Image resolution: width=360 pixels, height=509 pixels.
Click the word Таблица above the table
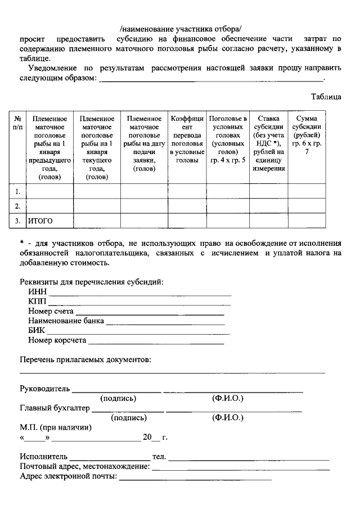coord(326,97)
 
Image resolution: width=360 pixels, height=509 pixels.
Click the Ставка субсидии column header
coord(268,143)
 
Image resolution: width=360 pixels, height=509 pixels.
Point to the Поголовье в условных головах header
coord(228,139)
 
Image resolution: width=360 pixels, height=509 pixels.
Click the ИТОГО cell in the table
coord(40,220)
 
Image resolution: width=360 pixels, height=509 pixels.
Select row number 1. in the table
coord(18,191)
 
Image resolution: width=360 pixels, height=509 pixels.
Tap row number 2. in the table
coord(18,206)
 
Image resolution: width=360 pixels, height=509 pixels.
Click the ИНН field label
coord(37,291)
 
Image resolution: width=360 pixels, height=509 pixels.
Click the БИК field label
coord(37,330)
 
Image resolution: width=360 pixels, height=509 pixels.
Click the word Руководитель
coord(44,388)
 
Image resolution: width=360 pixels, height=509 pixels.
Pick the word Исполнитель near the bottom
coord(43,456)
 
